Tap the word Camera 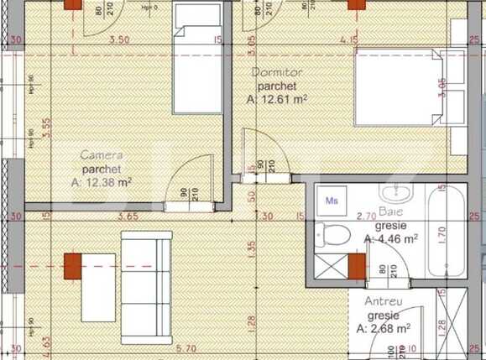pos(102,154)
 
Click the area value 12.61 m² pos(277,99)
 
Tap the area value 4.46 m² pos(391,239)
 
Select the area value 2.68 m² pos(382,328)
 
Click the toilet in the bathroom pos(334,235)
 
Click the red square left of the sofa pos(73,267)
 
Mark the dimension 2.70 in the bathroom pos(366,217)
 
